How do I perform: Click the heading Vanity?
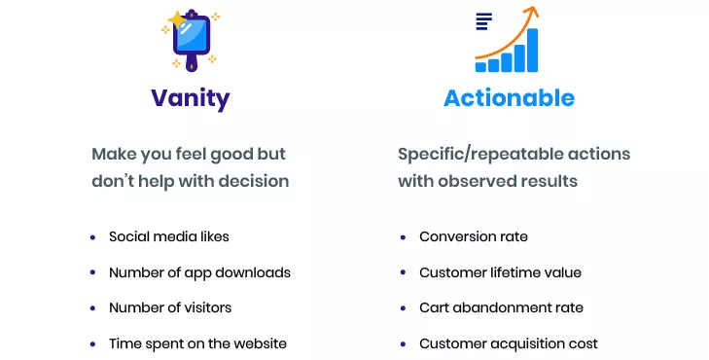click(x=190, y=98)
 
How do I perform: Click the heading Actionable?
click(x=509, y=98)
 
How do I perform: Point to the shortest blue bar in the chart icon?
click(x=481, y=67)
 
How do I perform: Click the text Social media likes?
click(x=169, y=236)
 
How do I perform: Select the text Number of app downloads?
click(x=199, y=272)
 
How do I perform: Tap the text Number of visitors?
click(x=170, y=307)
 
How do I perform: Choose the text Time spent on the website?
click(x=197, y=343)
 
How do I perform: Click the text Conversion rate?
click(x=474, y=236)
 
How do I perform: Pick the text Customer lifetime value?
click(x=500, y=272)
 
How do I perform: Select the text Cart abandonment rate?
click(x=501, y=307)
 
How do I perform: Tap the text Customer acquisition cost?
click(x=509, y=343)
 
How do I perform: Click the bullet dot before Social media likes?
click(x=92, y=237)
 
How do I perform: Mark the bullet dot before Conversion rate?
click(x=403, y=237)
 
